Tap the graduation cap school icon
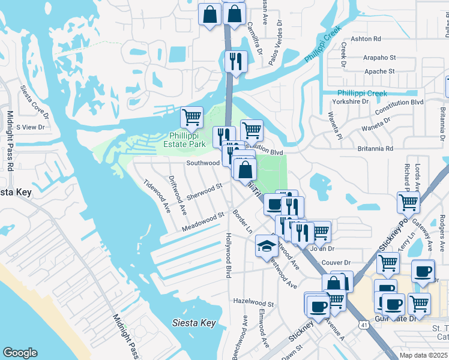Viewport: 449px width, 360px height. (x=267, y=246)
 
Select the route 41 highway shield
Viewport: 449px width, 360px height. (x=364, y=325)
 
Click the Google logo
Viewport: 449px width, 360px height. (x=20, y=353)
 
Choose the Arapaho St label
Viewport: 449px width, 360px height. (x=379, y=58)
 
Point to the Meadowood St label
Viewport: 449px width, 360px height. (x=203, y=222)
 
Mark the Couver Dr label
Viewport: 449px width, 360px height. (x=336, y=263)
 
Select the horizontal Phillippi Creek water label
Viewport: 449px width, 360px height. (x=362, y=93)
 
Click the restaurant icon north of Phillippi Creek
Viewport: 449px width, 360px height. (x=235, y=62)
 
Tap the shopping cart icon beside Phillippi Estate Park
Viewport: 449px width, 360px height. (x=191, y=117)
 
